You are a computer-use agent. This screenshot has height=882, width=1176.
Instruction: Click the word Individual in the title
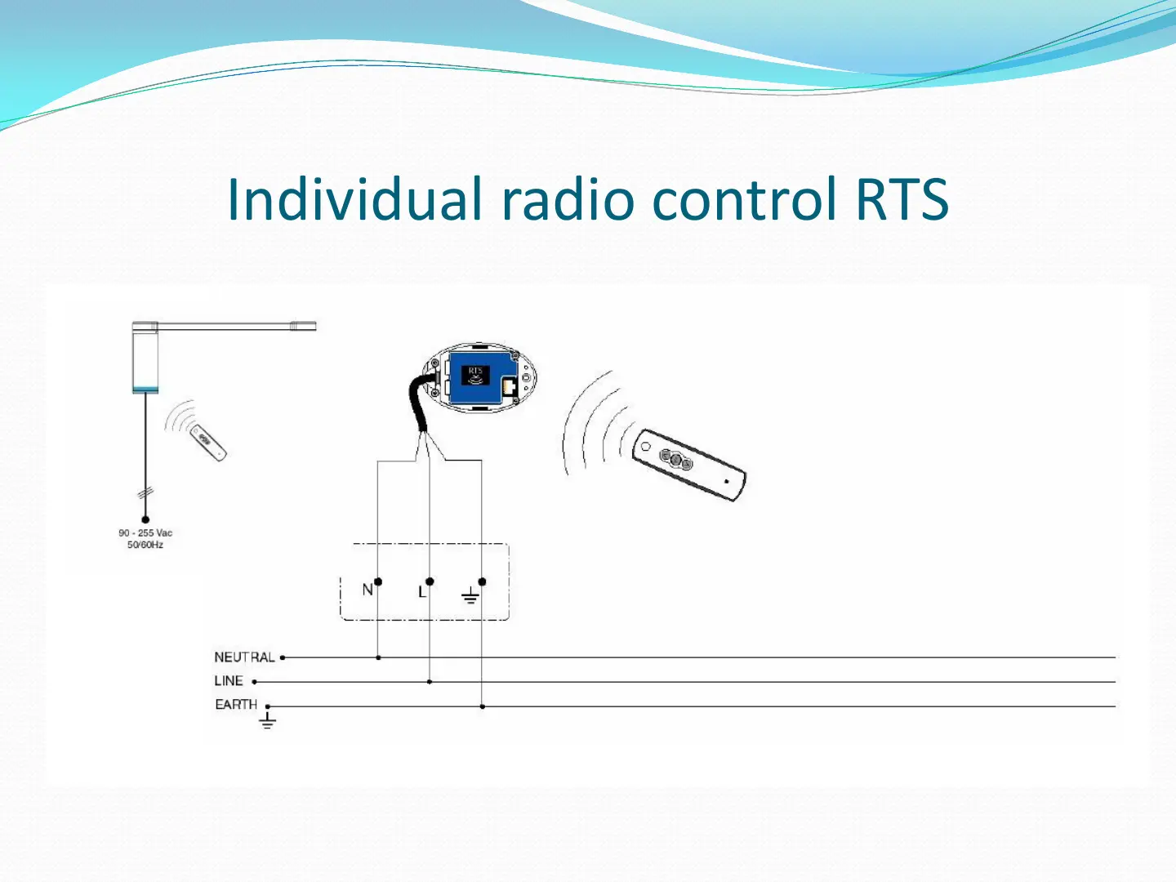(354, 198)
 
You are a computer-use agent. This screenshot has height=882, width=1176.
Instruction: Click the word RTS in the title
(902, 199)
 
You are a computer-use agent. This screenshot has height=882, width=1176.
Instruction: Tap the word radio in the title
(568, 198)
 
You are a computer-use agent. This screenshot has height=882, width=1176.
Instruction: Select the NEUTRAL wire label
(244, 657)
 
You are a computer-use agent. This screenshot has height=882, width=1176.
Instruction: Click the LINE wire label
(229, 680)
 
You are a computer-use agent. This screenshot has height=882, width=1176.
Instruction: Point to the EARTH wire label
(236, 704)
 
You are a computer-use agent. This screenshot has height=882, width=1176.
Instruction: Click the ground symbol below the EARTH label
(267, 720)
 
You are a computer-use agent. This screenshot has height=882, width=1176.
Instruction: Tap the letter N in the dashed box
(367, 590)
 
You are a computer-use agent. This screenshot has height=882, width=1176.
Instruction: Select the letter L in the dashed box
(422, 592)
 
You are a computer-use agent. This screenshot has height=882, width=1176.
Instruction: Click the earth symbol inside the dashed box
(470, 595)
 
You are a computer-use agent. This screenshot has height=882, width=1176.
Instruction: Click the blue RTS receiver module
(482, 377)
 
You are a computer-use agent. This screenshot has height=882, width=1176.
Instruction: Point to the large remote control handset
(689, 465)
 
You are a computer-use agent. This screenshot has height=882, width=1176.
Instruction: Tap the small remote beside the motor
(208, 443)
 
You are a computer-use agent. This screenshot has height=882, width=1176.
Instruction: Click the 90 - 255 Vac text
(145, 532)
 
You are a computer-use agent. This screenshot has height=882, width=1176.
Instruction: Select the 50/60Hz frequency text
(145, 545)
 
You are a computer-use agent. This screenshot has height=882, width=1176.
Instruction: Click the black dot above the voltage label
(145, 519)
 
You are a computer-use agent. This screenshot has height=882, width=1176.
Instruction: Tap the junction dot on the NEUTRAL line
(378, 657)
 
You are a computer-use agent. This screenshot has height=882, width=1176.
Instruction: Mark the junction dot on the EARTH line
(482, 706)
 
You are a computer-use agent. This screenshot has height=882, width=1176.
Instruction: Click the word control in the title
(744, 198)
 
